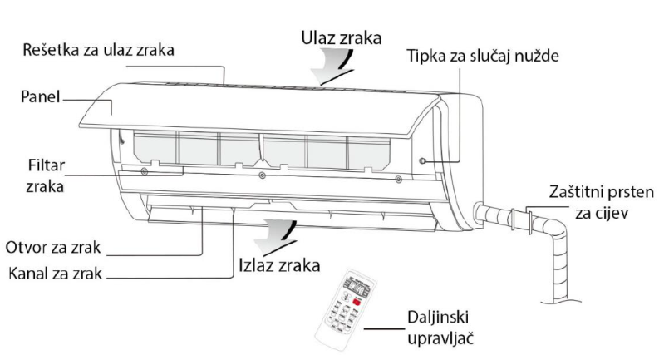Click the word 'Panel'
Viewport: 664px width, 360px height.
(40, 97)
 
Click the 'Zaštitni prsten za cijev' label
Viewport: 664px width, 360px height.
(602, 203)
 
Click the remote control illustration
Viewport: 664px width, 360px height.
(350, 308)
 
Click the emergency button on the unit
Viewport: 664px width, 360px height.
(423, 160)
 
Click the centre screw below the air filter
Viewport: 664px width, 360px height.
(262, 175)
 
